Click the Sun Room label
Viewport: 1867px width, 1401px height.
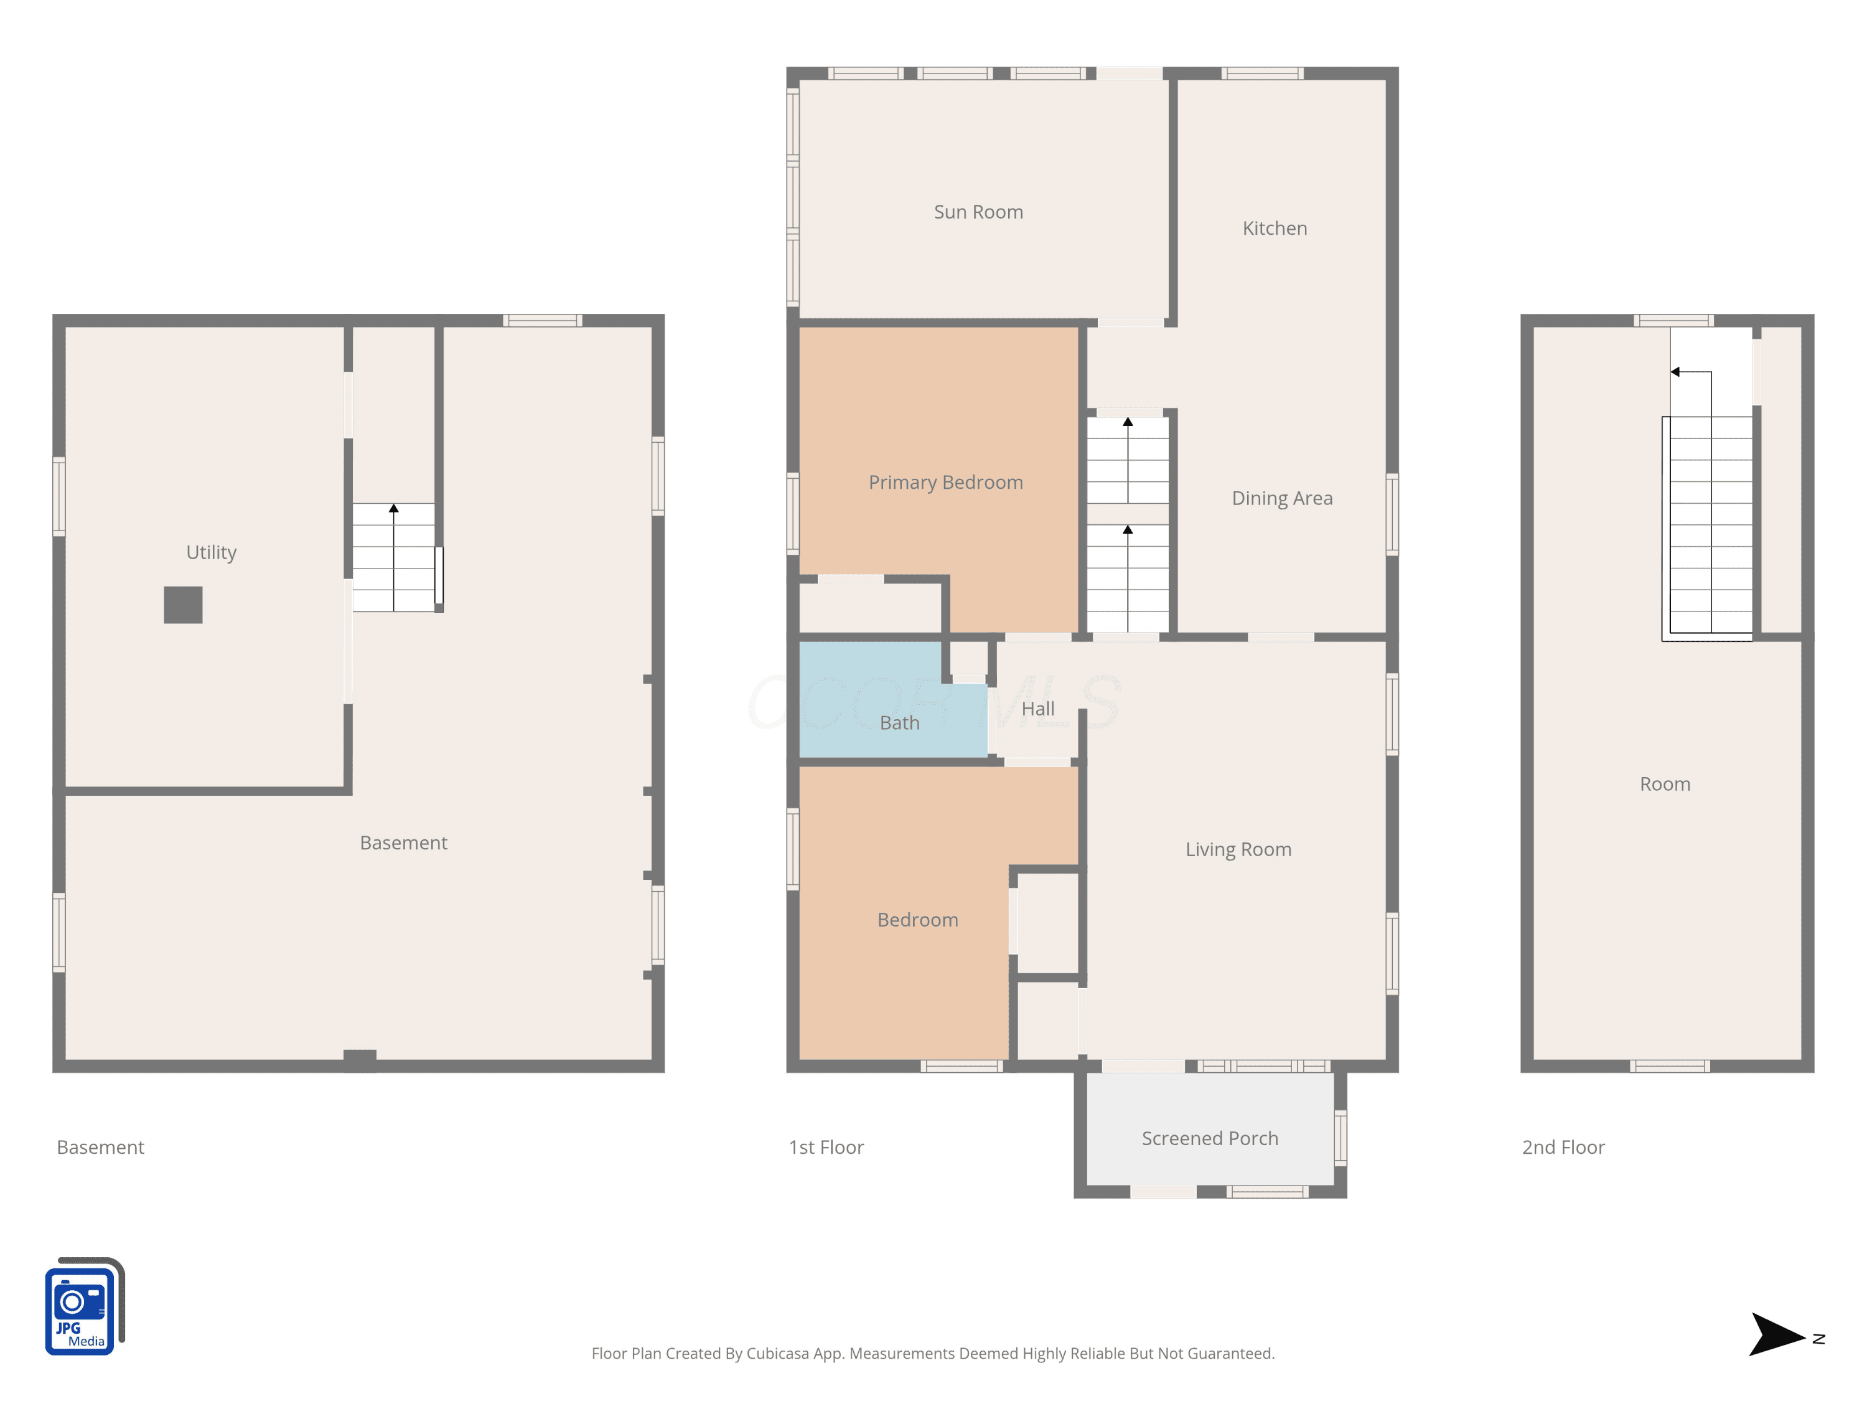pyautogui.click(x=978, y=212)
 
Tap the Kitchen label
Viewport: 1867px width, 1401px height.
pyautogui.click(x=1275, y=228)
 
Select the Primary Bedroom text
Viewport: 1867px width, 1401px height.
pyautogui.click(x=945, y=482)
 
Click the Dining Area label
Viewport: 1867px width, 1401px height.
pyautogui.click(x=1282, y=498)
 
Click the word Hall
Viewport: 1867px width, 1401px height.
pyautogui.click(x=1038, y=709)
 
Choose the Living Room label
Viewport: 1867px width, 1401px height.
pyautogui.click(x=1238, y=849)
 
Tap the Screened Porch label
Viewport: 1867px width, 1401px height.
pyautogui.click(x=1209, y=1138)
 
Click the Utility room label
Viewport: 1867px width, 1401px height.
pyautogui.click(x=211, y=552)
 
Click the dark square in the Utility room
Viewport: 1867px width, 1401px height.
pyautogui.click(x=183, y=605)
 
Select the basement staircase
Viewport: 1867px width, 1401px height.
pyautogui.click(x=393, y=557)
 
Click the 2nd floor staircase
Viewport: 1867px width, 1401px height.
pyautogui.click(x=1711, y=524)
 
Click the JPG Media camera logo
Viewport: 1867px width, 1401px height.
pyautogui.click(x=85, y=1306)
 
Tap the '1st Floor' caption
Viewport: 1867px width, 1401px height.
pyautogui.click(x=826, y=1148)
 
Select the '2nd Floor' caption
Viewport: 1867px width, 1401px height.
pyautogui.click(x=1563, y=1148)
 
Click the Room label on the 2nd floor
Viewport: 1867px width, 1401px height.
pyautogui.click(x=1665, y=785)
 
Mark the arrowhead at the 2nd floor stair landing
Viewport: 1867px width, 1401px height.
pyautogui.click(x=1675, y=372)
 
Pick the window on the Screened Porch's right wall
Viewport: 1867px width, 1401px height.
pyautogui.click(x=1341, y=1138)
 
